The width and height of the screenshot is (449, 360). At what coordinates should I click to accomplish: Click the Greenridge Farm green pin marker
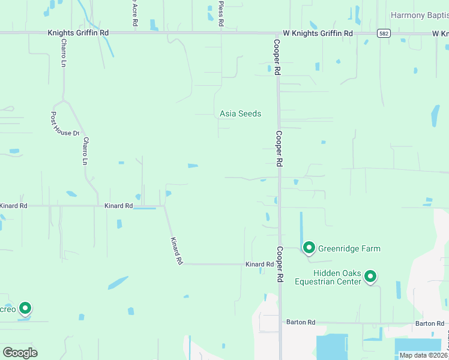[309, 247]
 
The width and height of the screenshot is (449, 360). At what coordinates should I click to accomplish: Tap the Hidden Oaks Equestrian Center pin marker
[370, 276]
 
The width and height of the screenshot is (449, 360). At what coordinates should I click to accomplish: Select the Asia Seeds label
[240, 113]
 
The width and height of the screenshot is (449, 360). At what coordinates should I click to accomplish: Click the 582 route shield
[383, 34]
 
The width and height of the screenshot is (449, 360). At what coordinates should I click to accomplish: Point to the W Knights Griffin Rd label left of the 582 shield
[318, 34]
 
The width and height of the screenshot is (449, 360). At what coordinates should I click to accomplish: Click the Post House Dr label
[65, 124]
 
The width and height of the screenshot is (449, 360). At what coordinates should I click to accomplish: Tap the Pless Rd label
[221, 13]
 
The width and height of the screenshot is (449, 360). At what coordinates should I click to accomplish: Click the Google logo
[20, 353]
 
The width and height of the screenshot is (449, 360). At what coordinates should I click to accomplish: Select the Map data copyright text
[423, 355]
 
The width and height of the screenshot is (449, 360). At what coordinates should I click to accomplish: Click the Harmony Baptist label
[420, 15]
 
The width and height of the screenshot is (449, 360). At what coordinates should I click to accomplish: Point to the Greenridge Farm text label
[349, 248]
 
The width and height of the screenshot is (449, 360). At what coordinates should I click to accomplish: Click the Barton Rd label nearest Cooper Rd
[301, 323]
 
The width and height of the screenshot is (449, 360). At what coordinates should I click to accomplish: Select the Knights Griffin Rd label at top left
[79, 34]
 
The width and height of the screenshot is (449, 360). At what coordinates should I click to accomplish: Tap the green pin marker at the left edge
[25, 308]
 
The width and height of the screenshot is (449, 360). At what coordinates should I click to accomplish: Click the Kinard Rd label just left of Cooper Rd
[259, 264]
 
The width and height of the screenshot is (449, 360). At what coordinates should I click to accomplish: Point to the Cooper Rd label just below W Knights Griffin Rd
[277, 57]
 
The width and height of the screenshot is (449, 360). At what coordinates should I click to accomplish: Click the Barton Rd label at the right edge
[430, 323]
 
